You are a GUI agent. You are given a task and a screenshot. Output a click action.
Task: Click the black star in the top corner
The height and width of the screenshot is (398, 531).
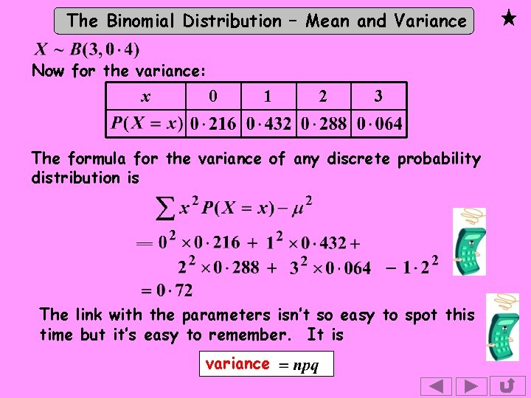(x=508, y=18)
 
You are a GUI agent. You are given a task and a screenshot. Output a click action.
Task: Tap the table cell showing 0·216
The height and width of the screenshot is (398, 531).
(x=213, y=124)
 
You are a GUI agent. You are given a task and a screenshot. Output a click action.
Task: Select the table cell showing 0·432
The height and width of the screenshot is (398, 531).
(x=268, y=124)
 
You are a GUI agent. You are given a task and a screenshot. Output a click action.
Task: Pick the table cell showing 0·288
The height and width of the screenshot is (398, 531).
(x=324, y=124)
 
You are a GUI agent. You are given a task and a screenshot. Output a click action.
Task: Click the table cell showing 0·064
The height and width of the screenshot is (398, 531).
(x=380, y=124)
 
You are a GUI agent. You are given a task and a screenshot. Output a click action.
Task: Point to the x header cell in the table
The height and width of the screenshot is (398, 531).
(x=146, y=97)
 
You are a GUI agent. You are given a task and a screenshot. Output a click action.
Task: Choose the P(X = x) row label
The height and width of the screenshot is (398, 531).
(x=147, y=123)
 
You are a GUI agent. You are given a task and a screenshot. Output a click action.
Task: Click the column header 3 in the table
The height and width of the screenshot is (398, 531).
(x=378, y=97)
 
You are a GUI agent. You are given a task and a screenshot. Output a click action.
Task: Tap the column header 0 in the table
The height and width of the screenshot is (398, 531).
(x=212, y=97)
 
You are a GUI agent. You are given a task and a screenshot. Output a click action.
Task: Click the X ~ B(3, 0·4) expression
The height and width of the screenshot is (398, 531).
(x=87, y=50)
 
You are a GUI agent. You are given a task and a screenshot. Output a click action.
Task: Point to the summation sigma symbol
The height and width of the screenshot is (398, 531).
(x=167, y=209)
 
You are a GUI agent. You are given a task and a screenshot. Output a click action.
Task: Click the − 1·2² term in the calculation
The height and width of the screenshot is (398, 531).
(x=412, y=266)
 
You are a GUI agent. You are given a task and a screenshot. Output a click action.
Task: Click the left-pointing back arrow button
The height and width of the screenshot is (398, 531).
(x=436, y=387)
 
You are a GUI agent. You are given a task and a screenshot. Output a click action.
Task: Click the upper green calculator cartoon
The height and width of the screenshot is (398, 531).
(x=469, y=243)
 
